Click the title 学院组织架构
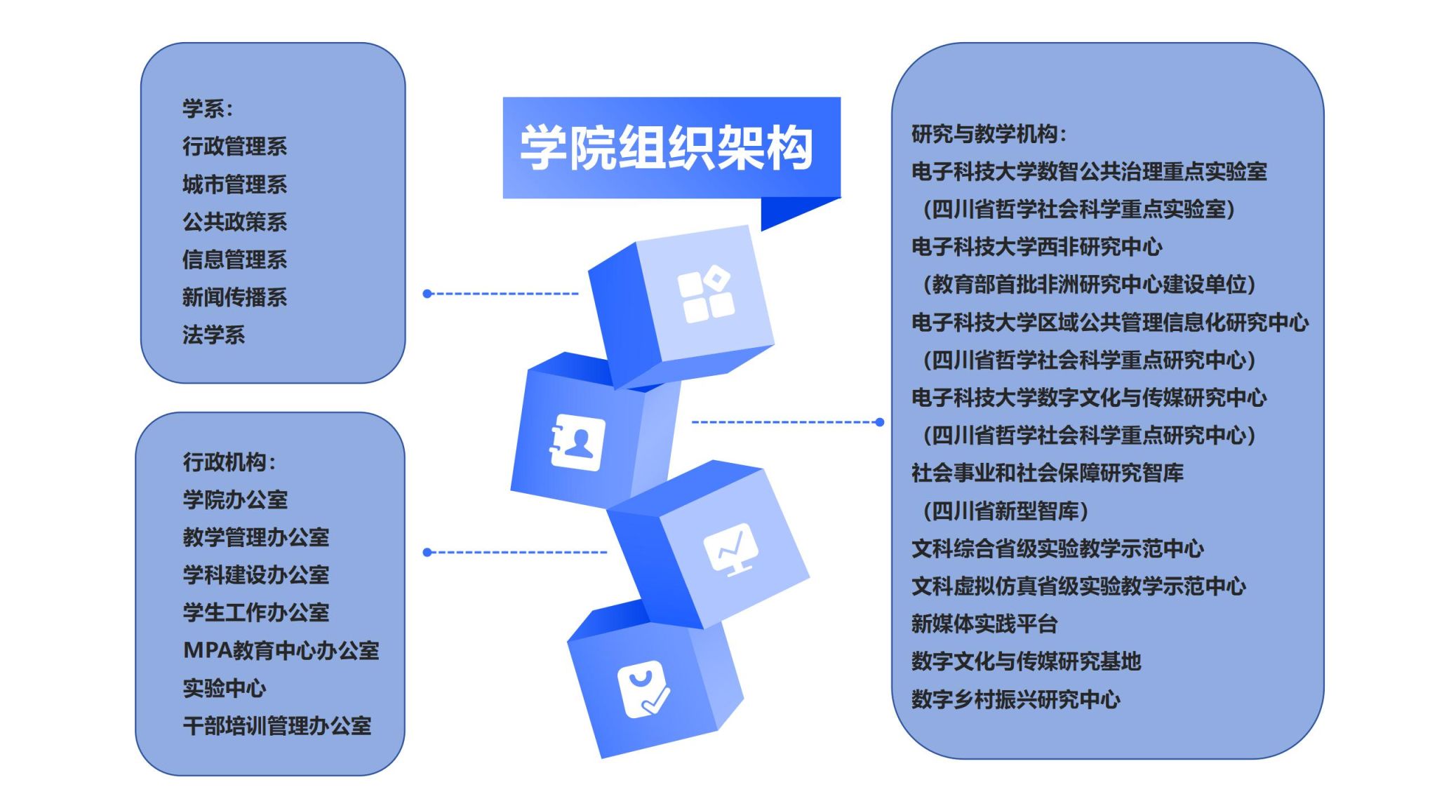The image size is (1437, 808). [x=666, y=148]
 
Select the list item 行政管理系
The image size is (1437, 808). [x=235, y=146]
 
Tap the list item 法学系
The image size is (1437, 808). [x=214, y=335]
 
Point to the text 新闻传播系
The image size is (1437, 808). [x=235, y=297]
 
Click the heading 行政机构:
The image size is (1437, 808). [x=229, y=462]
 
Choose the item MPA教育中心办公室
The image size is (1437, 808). [x=281, y=650]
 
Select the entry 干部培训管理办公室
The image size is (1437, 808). [x=277, y=725]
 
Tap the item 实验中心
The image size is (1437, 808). [x=225, y=688]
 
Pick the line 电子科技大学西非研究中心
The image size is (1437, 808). [x=1037, y=246]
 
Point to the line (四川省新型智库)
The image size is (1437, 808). [x=1005, y=510]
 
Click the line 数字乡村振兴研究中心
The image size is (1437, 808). [x=1016, y=699]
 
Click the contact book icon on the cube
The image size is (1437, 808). [x=577, y=442]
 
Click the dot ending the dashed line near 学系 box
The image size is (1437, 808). [x=427, y=294]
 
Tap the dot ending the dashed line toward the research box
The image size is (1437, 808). [x=880, y=422]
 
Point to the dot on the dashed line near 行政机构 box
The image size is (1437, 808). [x=427, y=553]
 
